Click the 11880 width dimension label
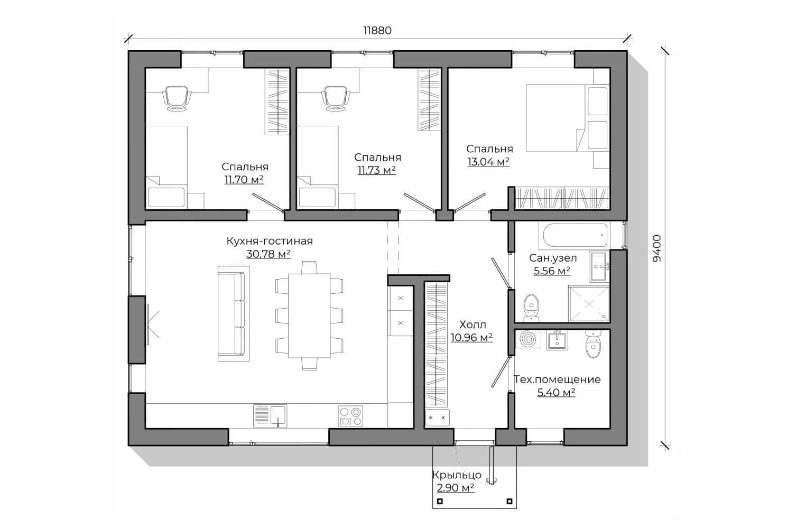pyautogui.click(x=377, y=31)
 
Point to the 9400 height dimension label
pyautogui.click(x=658, y=248)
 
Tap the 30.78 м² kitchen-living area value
pyautogui.click(x=269, y=254)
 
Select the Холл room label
pyautogui.click(x=473, y=324)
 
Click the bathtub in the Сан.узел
pyautogui.click(x=575, y=235)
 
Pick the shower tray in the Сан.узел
pyautogui.click(x=589, y=304)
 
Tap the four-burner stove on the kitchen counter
pyautogui.click(x=350, y=416)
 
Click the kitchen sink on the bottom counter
pyautogui.click(x=270, y=416)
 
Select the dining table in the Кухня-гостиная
pyautogui.click(x=309, y=315)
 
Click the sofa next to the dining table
pyautogui.click(x=234, y=314)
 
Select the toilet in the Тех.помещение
pyautogui.click(x=593, y=344)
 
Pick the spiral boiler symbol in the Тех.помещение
pyautogui.click(x=527, y=339)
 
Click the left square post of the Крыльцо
pyautogui.click(x=440, y=502)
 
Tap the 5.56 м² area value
pyautogui.click(x=552, y=271)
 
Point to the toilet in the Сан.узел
pyautogui.click(x=531, y=308)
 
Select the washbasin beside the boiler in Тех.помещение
pyautogui.click(x=557, y=340)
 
